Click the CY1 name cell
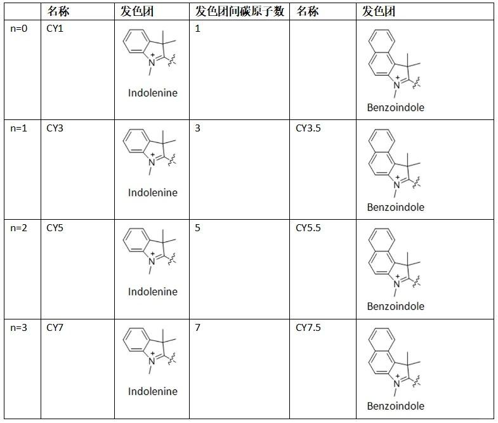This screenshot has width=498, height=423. [x=55, y=29]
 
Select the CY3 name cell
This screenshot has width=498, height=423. [x=55, y=128]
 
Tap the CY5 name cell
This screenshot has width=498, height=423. [x=55, y=227]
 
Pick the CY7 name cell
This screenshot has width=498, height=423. [x=55, y=328]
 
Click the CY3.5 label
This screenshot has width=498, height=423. [x=308, y=128]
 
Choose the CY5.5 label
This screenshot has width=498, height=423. [x=308, y=227]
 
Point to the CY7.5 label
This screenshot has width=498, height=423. [x=308, y=328]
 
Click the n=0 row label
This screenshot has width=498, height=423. [x=19, y=29]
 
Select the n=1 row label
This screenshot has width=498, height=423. [x=19, y=128]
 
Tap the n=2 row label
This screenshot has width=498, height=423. [x=19, y=227]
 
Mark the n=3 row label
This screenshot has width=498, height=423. [x=19, y=328]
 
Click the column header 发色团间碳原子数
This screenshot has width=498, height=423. [x=239, y=11]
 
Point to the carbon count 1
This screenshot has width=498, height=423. [x=198, y=29]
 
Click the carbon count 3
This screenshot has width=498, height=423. [x=198, y=128]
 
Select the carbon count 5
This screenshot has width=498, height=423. [x=198, y=227]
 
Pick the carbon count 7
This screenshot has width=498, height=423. [x=198, y=328]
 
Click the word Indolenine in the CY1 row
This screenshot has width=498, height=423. [x=153, y=93]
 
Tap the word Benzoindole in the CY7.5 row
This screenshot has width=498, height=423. [x=395, y=406]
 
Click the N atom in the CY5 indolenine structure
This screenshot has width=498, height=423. [x=151, y=261]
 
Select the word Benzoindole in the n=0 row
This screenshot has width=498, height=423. [x=395, y=107]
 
